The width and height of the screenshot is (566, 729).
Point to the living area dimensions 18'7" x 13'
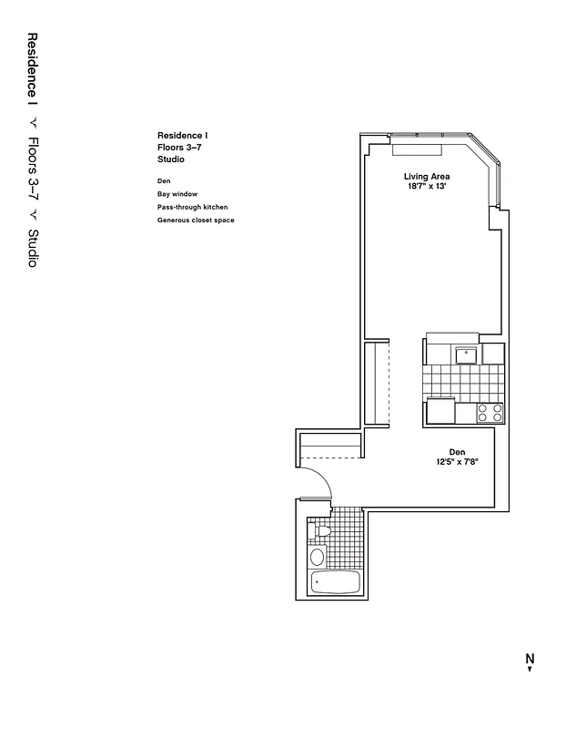click(x=427, y=187)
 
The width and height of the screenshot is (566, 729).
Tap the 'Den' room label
click(x=457, y=452)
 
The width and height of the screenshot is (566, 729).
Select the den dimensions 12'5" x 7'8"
click(x=457, y=462)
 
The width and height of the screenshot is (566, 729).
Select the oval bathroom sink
click(x=317, y=557)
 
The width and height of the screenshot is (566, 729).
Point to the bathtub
click(x=336, y=582)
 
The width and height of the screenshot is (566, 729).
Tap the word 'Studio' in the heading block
click(x=171, y=159)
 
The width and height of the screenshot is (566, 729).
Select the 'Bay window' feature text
click(x=177, y=194)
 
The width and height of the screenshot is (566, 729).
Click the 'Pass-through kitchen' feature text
click(x=192, y=207)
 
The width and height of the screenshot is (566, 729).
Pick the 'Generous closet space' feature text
click(x=197, y=220)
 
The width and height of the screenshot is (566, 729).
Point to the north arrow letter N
click(x=530, y=658)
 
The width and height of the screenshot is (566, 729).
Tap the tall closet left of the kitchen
click(x=376, y=383)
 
